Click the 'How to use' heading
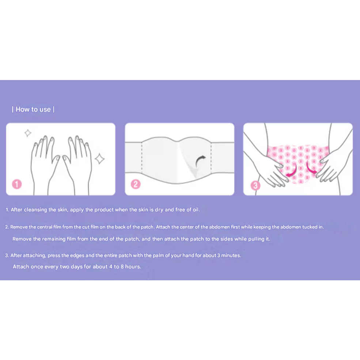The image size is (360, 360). [33, 109]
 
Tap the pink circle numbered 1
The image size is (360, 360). [17, 184]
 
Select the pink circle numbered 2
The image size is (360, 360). [136, 184]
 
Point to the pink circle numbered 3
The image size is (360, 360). [255, 186]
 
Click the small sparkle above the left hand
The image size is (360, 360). [28, 133]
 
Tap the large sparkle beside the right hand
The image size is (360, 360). [100, 159]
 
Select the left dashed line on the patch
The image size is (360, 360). [142, 158]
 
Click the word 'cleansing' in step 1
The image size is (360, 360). [35, 210]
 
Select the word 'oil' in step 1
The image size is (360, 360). [196, 209]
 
